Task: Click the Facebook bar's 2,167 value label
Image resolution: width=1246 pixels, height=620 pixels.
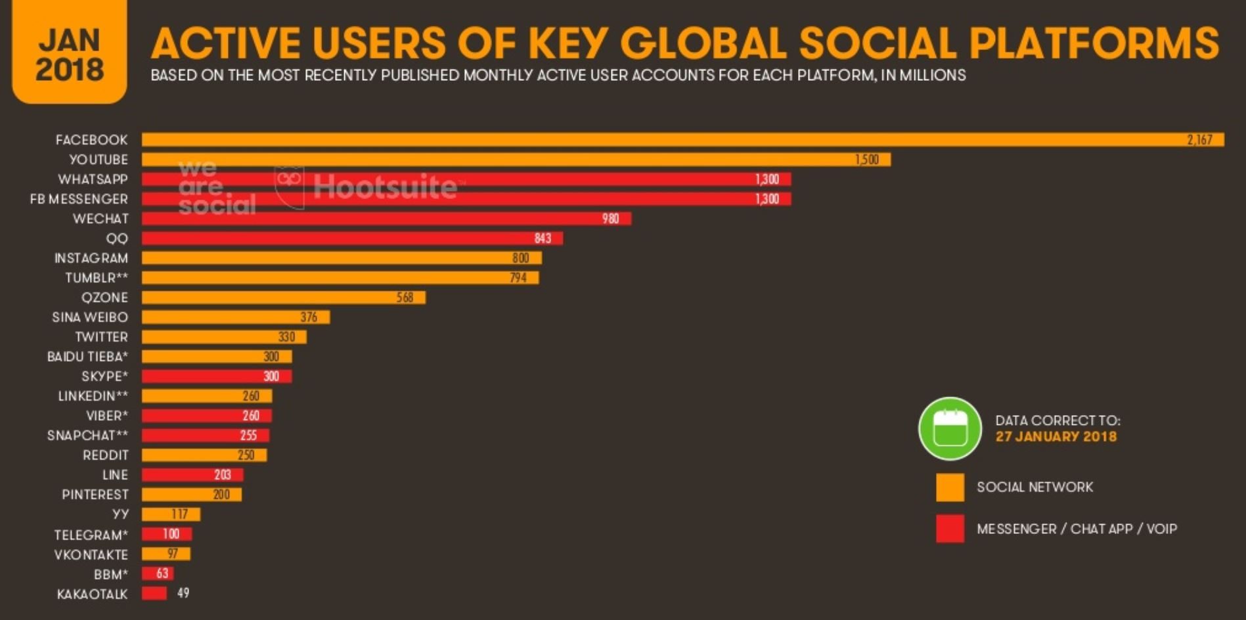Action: tap(1199, 140)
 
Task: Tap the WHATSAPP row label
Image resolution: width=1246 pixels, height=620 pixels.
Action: tap(93, 179)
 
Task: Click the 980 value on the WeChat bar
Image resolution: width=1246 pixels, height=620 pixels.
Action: tap(610, 219)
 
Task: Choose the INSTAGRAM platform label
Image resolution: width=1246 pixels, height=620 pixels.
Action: tap(91, 258)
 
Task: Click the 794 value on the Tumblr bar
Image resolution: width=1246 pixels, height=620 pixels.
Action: tap(518, 278)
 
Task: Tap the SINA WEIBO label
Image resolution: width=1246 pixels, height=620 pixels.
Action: tap(90, 317)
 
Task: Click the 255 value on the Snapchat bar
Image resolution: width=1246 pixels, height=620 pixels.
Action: tap(248, 435)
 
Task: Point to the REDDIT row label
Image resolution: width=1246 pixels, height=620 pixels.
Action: tap(105, 455)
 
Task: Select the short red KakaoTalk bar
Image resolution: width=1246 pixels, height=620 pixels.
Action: tap(154, 593)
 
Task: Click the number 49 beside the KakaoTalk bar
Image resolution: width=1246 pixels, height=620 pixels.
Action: tap(183, 593)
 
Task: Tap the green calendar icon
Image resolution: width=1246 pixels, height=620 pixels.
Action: tap(950, 429)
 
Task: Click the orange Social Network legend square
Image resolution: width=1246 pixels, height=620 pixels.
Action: tap(950, 487)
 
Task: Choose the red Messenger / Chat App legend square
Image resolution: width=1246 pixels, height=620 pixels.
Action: tap(950, 529)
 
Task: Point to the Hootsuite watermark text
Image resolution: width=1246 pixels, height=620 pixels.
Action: tap(385, 187)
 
